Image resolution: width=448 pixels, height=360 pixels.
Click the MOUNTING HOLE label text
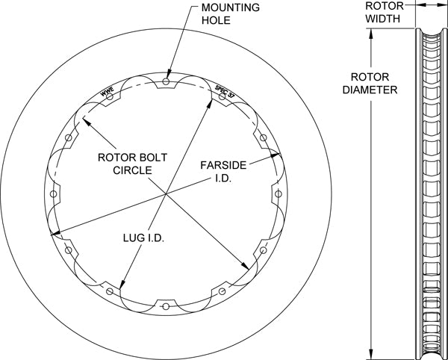(230, 13)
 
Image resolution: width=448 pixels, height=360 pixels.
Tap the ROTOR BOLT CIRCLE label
(132, 164)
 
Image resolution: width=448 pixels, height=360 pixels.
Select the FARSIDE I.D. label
(223, 172)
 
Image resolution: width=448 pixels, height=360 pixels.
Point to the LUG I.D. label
(143, 238)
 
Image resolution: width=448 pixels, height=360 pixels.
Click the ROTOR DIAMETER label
(370, 83)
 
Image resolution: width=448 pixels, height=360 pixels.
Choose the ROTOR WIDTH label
(385, 12)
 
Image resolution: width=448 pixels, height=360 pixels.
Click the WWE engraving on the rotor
(107, 91)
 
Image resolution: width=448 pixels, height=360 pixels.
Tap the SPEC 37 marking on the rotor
(225, 91)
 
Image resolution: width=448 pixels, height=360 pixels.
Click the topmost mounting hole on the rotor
(166, 81)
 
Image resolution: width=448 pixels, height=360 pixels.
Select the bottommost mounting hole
(166, 306)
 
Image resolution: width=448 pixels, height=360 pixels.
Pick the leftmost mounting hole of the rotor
(54, 194)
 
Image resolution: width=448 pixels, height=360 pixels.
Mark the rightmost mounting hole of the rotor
(279, 194)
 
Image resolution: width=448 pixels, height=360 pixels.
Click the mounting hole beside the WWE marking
(110, 96)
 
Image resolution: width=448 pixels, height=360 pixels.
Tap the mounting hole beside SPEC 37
(222, 96)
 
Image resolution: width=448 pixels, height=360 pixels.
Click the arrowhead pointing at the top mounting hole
(169, 73)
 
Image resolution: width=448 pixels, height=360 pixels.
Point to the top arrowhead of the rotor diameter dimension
(371, 34)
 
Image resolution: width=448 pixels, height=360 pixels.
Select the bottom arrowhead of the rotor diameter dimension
(371, 354)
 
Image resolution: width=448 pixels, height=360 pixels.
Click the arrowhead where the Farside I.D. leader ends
(275, 155)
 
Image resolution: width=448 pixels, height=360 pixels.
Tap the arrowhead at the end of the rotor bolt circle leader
(87, 122)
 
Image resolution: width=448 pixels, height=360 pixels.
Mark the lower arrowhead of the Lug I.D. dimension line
(122, 284)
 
